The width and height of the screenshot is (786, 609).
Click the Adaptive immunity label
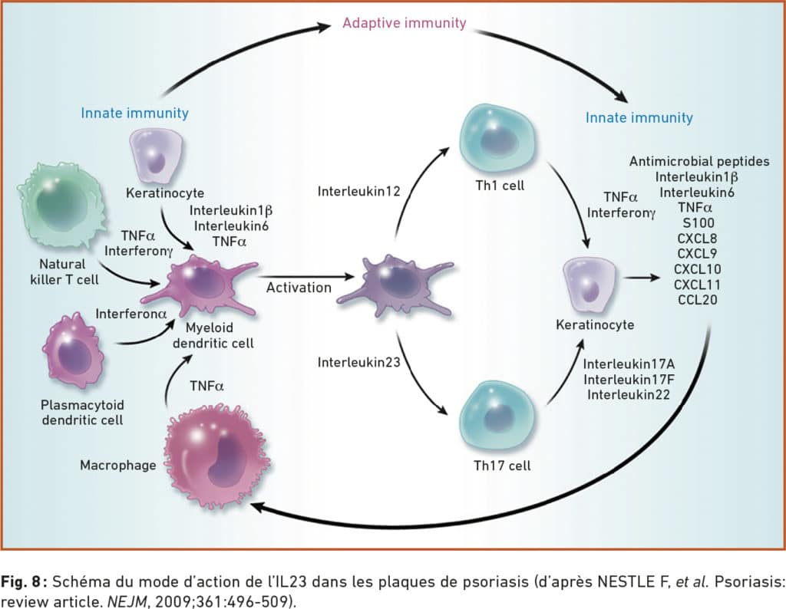pos(404,23)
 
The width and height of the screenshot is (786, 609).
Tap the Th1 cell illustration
pos(497,139)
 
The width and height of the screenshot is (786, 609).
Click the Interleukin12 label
pos(359,191)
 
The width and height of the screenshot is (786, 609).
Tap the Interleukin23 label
pos(359,362)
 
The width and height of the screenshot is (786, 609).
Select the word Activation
pos(299,288)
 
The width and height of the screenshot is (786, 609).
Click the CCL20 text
pos(697,300)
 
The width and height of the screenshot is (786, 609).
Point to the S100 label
pos(698,223)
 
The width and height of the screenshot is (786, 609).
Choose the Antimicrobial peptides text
pos(699,161)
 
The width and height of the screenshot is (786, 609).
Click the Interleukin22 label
pos(629,395)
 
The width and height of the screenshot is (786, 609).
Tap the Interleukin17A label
pos(629,364)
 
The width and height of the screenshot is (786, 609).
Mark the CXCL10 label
pos(697,269)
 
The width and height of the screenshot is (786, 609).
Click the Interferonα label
pos(130,314)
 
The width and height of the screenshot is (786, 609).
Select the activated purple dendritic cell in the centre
pos(395,286)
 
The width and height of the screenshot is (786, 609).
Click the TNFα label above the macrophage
pos(206,386)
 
